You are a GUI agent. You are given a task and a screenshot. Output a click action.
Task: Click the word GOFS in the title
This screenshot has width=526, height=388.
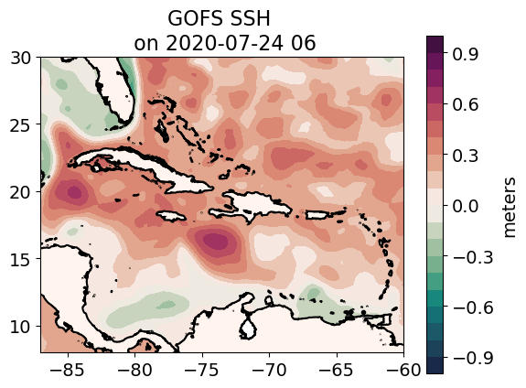coord(190,18)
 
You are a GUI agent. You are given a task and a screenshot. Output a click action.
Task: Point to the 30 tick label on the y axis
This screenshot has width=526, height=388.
coord(20,58)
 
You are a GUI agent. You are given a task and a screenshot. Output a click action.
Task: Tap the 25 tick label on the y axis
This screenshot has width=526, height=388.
coord(20,124)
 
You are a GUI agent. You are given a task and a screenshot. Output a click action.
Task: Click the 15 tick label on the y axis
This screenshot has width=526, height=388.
coord(20,259)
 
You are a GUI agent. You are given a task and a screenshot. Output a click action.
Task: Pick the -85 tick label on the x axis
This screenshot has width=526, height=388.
coord(67,371)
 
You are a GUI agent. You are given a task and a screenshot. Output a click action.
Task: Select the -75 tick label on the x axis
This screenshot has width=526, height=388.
coord(201,371)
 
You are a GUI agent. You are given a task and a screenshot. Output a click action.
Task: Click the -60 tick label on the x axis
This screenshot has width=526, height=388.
coord(403,371)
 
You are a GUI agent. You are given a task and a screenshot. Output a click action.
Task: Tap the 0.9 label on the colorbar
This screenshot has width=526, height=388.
coord(466,54)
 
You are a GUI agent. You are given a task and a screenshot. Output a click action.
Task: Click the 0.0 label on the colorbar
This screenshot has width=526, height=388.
coord(466,205)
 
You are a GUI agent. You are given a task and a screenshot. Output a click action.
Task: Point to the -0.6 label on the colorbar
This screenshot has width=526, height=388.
coord(473,307)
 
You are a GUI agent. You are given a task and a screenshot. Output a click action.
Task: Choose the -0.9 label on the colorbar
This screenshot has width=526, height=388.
coord(473,358)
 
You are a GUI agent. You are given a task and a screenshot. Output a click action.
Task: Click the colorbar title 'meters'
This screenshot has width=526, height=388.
coord(510,208)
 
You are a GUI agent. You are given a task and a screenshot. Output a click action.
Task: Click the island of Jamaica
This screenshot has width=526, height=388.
coord(171,215)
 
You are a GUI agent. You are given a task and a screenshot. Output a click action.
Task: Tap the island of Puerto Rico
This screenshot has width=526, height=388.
coord(325,214)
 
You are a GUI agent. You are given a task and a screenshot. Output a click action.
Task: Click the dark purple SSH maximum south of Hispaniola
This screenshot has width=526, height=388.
coord(215,241)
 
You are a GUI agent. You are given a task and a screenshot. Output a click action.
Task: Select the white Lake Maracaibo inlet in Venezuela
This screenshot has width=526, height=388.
coord(248,328)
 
